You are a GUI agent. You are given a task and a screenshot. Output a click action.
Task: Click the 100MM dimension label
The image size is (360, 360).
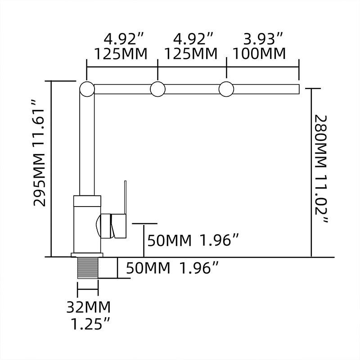pyautogui.click(x=259, y=54)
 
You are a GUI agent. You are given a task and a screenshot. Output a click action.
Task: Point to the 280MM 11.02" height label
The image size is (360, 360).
pyautogui.click(x=321, y=168)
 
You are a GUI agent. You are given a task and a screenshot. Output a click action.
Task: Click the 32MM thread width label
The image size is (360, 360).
pyautogui.click(x=89, y=307)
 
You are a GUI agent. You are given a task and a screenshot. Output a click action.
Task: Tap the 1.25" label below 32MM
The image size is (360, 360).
pyautogui.click(x=90, y=324)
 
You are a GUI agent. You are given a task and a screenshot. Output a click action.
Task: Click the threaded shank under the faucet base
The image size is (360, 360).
pyautogui.click(x=88, y=268)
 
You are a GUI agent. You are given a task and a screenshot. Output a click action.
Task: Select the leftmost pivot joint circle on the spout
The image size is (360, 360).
pyautogui.click(x=87, y=89)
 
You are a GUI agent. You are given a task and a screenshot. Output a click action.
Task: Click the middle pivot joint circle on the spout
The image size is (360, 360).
pyautogui.click(x=158, y=89)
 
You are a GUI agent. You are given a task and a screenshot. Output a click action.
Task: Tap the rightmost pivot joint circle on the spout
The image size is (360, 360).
pyautogui.click(x=226, y=89)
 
